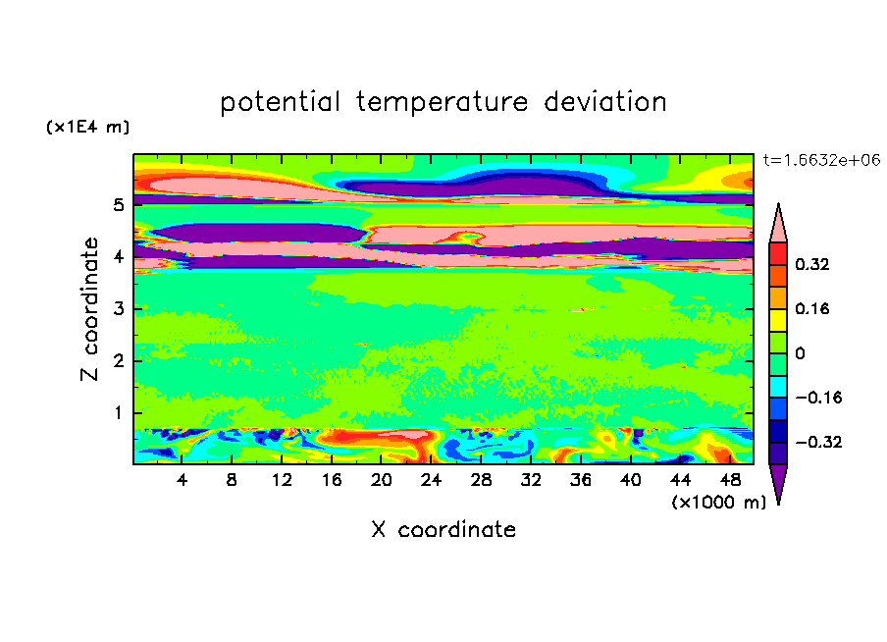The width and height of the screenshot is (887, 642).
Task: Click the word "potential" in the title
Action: click(280, 102)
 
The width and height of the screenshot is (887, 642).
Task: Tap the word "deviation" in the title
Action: click(605, 101)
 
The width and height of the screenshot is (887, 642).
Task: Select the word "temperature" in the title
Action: click(442, 103)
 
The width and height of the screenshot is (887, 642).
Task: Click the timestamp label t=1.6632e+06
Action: click(821, 160)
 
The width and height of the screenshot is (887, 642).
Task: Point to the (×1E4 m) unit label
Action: click(87, 127)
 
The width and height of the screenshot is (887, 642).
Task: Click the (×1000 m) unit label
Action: click(718, 502)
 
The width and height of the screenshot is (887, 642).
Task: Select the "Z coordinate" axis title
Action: click(90, 309)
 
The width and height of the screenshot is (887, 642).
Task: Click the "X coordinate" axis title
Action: click(443, 529)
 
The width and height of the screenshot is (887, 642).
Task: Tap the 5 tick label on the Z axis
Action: click(118, 205)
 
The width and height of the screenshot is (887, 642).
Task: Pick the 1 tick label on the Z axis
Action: click(118, 412)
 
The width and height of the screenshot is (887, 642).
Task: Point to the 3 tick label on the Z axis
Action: click(118, 309)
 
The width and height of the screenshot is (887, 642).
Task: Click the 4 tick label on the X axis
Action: click(182, 480)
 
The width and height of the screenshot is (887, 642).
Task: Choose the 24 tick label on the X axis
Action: click(431, 480)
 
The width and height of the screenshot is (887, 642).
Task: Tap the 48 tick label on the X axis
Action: click(730, 480)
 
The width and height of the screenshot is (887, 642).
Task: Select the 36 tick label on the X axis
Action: click(581, 480)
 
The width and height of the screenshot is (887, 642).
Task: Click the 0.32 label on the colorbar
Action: click(812, 264)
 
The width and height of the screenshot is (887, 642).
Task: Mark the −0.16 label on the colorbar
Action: click(818, 398)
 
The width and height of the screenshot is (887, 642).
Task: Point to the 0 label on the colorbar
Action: click(800, 353)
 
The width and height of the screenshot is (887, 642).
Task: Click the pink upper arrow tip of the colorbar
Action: click(778, 204)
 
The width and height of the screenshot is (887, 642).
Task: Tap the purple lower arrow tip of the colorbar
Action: click(778, 504)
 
